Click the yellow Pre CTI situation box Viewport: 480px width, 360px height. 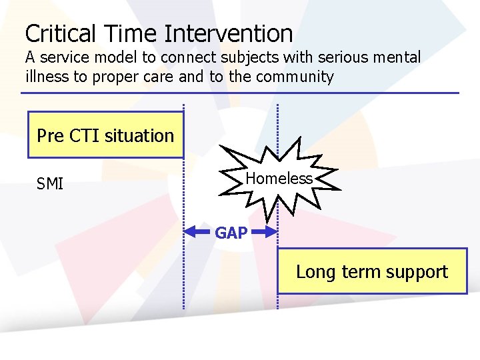click(x=105, y=135)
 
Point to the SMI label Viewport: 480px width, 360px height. click(x=50, y=183)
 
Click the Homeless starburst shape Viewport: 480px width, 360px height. click(x=279, y=178)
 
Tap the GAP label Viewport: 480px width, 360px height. click(x=231, y=233)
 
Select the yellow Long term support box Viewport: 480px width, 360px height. click(x=372, y=271)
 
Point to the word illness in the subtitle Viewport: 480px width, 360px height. click(x=47, y=77)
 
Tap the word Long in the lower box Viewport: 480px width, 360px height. click(x=313, y=272)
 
